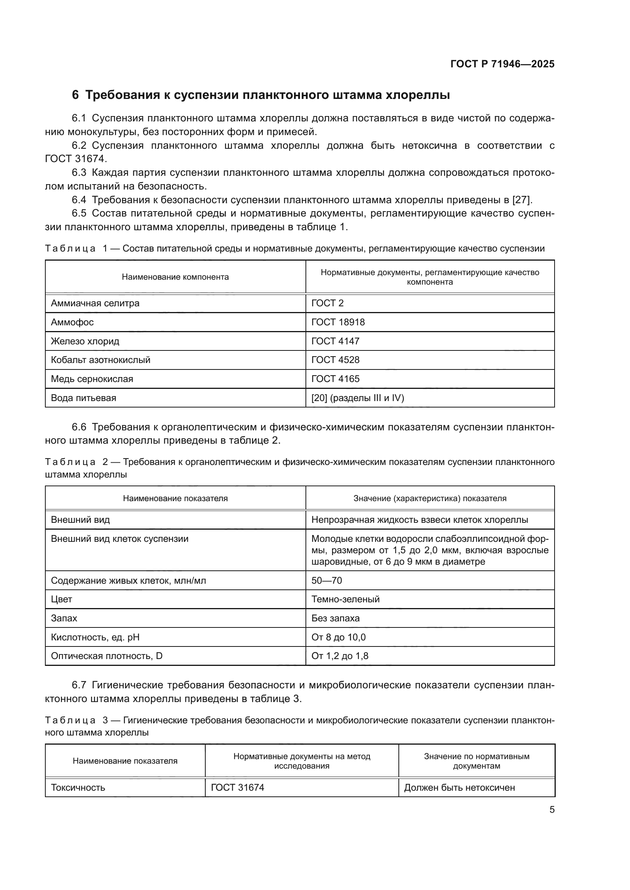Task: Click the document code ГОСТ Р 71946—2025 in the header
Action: pyautogui.click(x=502, y=64)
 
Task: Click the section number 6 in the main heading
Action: pyautogui.click(x=75, y=95)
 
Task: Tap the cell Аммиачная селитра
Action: pyautogui.click(x=95, y=303)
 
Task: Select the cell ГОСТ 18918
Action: pyautogui.click(x=338, y=322)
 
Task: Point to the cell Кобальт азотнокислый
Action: pyautogui.click(x=101, y=360)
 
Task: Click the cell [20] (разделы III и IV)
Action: pyautogui.click(x=358, y=398)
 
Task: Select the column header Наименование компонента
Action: pyautogui.click(x=175, y=277)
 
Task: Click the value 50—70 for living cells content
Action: pyautogui.click(x=327, y=580)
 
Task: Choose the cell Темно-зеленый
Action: pyautogui.click(x=345, y=599)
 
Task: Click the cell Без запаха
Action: pyautogui.click(x=335, y=618)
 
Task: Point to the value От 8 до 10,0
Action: pyautogui.click(x=338, y=637)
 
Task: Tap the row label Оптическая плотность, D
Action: pyautogui.click(x=107, y=656)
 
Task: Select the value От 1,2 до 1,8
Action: pyautogui.click(x=340, y=656)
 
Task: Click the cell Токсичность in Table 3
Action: pyautogui.click(x=78, y=788)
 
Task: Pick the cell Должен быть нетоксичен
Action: pyautogui.click(x=459, y=788)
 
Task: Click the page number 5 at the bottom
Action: pyautogui.click(x=552, y=810)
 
